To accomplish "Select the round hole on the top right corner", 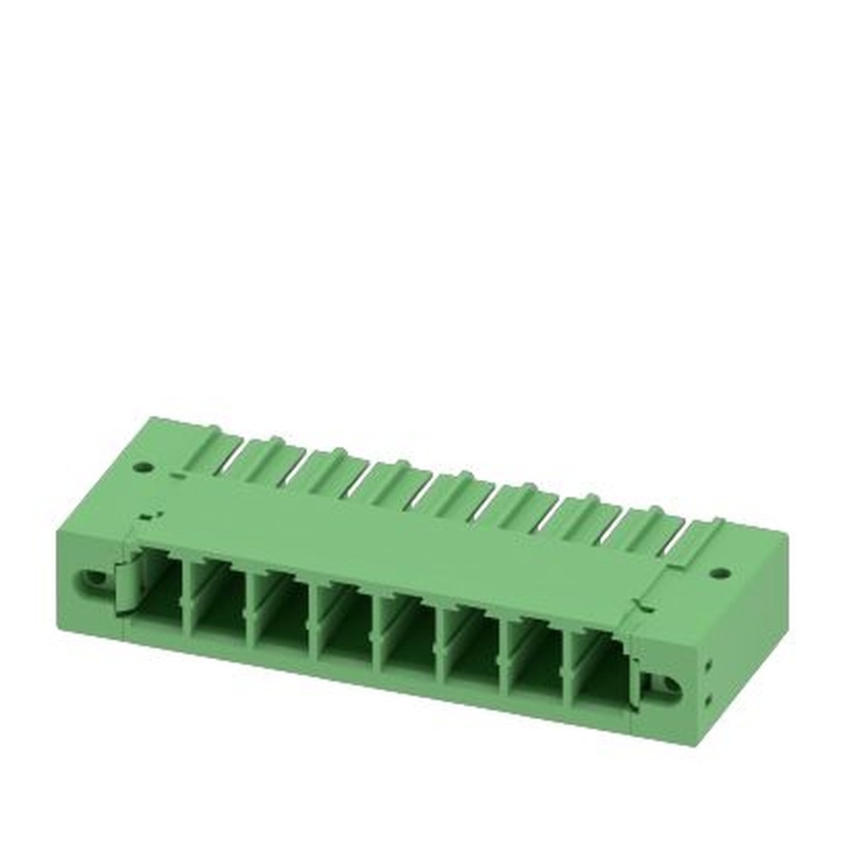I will (x=719, y=573).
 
